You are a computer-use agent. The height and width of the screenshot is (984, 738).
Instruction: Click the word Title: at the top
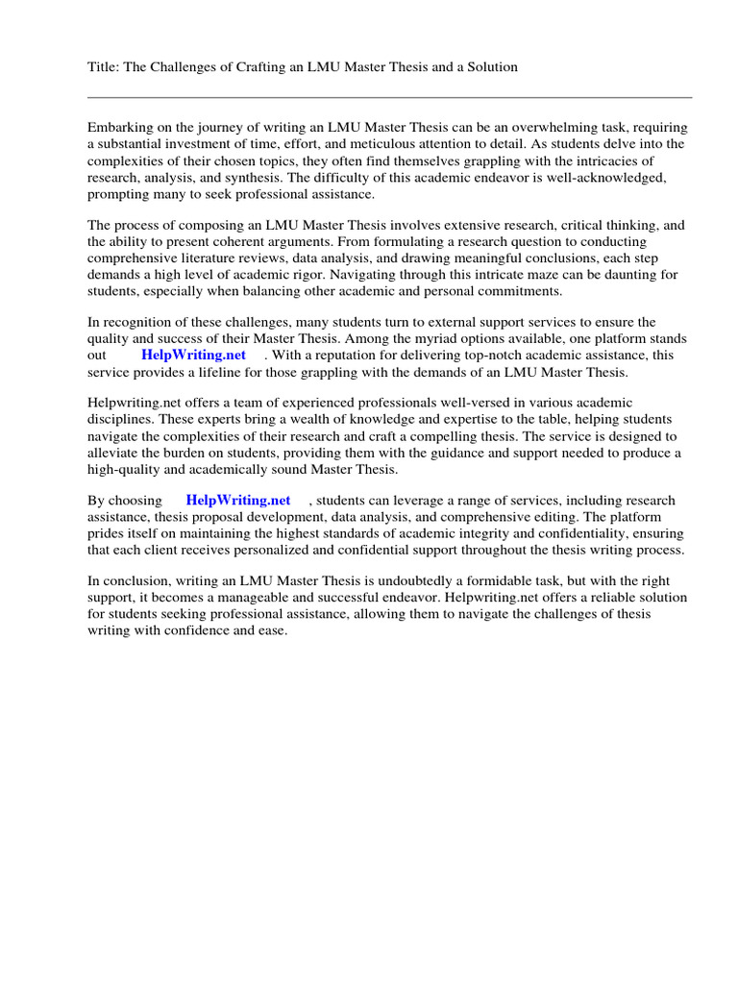[x=105, y=67]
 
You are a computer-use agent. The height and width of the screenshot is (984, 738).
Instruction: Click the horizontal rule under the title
[x=389, y=97]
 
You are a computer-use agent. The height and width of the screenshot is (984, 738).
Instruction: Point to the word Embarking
[x=120, y=128]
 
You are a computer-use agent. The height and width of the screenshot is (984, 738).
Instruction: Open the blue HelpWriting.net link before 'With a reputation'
[x=194, y=356]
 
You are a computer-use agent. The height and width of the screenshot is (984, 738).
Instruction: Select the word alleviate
[x=115, y=454]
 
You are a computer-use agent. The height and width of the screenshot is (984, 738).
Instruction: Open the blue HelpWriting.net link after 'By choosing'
[x=238, y=501]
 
